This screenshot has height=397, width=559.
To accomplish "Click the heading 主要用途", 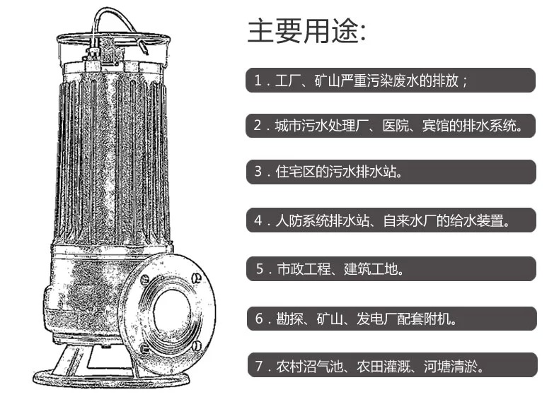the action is click(x=306, y=31).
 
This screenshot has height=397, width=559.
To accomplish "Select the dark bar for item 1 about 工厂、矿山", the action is click(x=391, y=81).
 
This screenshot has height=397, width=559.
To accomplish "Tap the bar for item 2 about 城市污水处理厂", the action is click(x=391, y=126).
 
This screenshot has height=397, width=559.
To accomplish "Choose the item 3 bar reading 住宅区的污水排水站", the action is click(x=391, y=172).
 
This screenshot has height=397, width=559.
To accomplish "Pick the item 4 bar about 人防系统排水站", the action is click(x=391, y=220).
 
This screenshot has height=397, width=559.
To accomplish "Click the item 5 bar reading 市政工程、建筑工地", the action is click(x=391, y=269).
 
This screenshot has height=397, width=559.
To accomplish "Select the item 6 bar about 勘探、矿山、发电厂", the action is click(x=392, y=319).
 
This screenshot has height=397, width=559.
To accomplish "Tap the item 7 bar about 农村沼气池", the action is click(x=392, y=365).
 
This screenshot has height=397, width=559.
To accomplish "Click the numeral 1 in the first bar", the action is click(x=258, y=81).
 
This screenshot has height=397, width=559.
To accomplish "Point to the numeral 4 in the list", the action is click(x=258, y=221).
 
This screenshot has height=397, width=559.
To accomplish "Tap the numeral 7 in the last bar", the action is click(x=259, y=366).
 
